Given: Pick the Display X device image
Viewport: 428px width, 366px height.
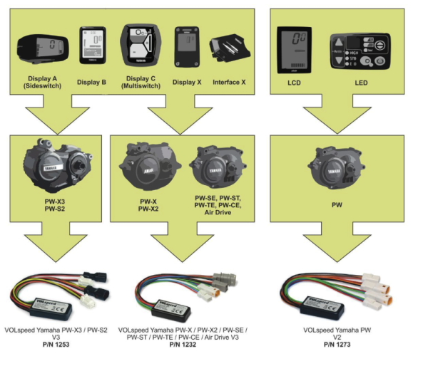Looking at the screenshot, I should coord(188,47).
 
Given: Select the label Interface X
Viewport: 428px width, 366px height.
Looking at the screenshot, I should coord(229,83).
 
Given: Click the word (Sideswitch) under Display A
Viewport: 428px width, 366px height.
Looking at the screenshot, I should coord(44,90).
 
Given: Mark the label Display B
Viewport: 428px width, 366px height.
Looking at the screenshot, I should coord(93,83).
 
